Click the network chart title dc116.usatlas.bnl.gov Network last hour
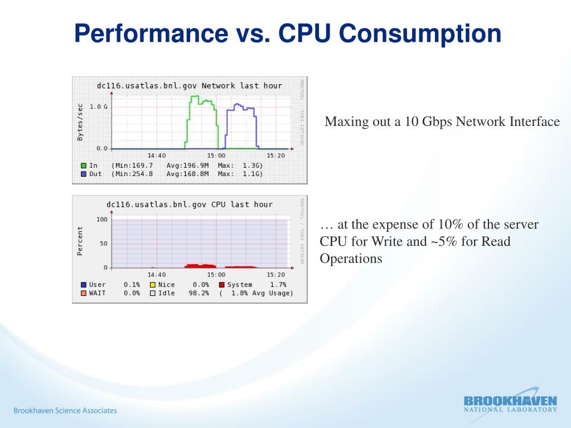[190, 86]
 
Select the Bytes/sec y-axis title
[80, 121]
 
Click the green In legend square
[84, 166]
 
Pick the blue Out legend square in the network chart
[84, 174]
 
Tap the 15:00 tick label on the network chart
[216, 155]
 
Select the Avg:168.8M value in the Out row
[187, 174]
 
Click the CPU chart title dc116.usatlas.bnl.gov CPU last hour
[190, 205]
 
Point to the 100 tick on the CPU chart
[101, 220]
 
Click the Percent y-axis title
[80, 241]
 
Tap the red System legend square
[221, 285]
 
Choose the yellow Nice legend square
[152, 285]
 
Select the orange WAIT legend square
[84, 293]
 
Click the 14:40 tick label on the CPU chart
[157, 275]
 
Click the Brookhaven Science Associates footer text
[65, 411]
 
